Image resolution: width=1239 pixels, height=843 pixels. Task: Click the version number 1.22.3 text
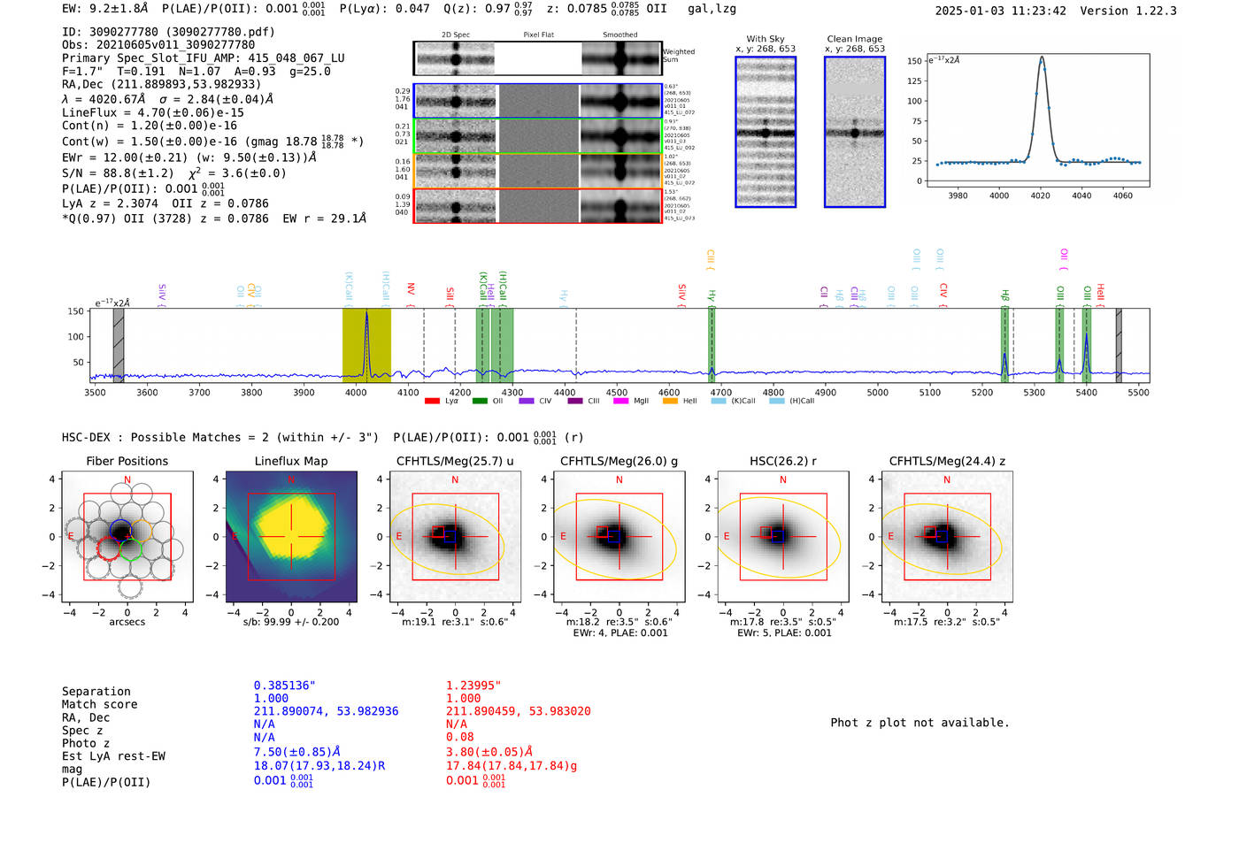coord(1145,11)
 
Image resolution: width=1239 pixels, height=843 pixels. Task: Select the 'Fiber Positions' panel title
coord(127,461)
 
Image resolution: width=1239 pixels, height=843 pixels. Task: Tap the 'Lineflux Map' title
coord(290,461)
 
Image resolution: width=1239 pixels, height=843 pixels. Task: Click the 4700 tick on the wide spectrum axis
coord(721,393)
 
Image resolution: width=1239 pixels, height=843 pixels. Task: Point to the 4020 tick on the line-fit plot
coord(1041,195)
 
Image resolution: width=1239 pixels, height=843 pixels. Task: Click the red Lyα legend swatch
coord(432,401)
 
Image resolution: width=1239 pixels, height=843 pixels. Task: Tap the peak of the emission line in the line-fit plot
coord(1042,58)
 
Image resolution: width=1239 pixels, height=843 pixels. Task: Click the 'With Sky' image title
coord(765,39)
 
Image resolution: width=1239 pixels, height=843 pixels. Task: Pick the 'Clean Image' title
coord(854,39)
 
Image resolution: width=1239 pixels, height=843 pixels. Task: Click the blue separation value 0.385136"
coord(284,686)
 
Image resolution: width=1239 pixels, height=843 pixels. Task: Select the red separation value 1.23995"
coord(473,686)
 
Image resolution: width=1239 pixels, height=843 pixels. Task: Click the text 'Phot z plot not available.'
coord(920,723)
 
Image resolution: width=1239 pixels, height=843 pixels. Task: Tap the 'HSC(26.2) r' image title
coord(782,461)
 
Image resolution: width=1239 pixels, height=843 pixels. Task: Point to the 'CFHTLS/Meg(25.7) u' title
coord(455,461)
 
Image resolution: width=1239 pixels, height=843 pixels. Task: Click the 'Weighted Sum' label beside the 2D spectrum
coord(679,56)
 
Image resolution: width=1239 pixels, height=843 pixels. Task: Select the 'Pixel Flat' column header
coord(538,35)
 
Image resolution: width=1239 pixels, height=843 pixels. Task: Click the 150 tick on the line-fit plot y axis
coord(914,61)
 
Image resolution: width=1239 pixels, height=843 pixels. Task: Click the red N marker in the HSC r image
coord(783,480)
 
